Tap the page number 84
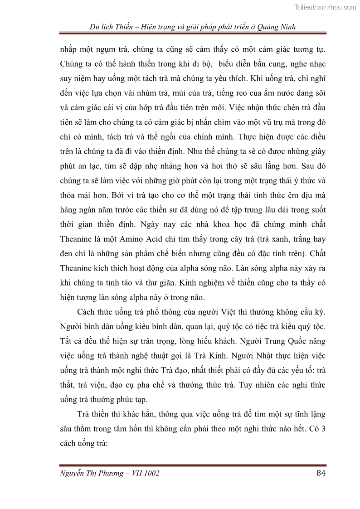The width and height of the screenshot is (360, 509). pyautogui.click(x=321, y=474)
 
